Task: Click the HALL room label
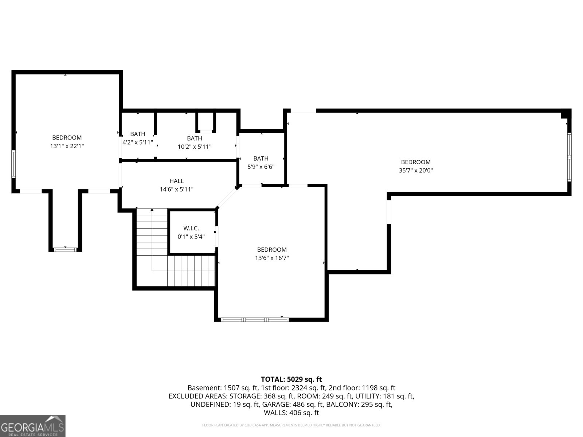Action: coord(176,181)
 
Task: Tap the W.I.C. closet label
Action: coord(191,228)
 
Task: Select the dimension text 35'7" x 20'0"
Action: coord(416,170)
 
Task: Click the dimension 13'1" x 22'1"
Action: coord(67,146)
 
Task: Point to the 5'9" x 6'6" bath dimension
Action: coord(261,166)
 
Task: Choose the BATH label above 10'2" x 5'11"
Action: coord(195,138)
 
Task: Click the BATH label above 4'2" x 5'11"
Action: coord(138,134)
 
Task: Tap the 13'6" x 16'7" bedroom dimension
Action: coord(272,258)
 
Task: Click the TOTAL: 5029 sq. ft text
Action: coord(291,379)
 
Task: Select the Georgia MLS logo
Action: coord(32,426)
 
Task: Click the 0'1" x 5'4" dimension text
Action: coord(191,237)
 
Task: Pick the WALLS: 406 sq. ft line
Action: coord(291,413)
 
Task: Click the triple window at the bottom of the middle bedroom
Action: coord(255,319)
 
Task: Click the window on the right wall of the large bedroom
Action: coord(569,157)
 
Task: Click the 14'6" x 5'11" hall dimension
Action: coord(176,189)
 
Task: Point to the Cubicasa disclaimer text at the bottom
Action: coord(291,425)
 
